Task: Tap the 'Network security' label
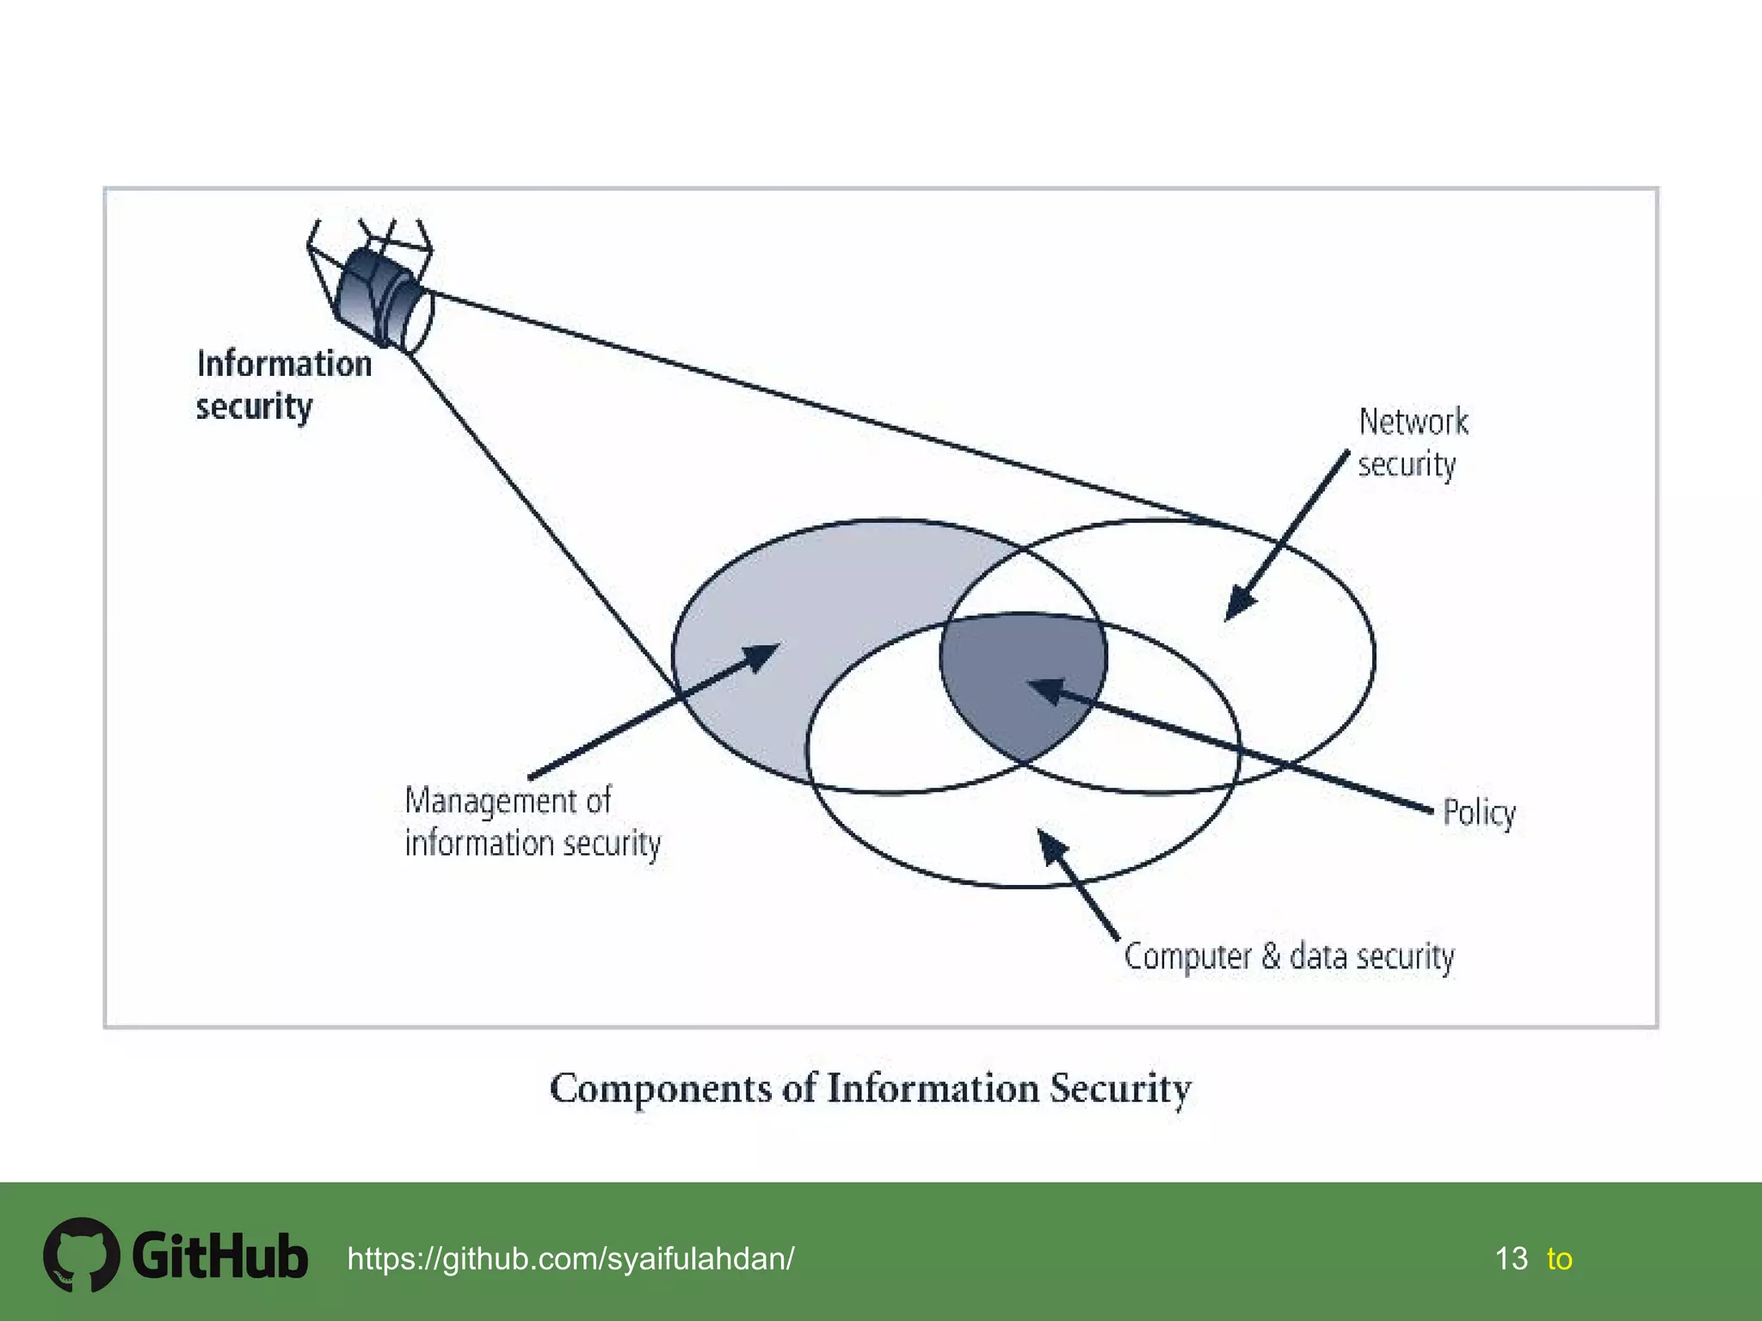pyautogui.click(x=1413, y=442)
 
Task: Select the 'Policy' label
pyautogui.click(x=1479, y=813)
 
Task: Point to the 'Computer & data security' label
pyautogui.click(x=1289, y=956)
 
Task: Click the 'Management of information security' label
pyautogui.click(x=532, y=822)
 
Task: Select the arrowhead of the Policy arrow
pyautogui.click(x=1046, y=689)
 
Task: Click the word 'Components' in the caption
pyautogui.click(x=661, y=1089)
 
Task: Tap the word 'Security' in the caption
pyautogui.click(x=1120, y=1089)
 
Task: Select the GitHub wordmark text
pyautogui.click(x=220, y=1256)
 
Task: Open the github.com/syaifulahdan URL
pyautogui.click(x=570, y=1258)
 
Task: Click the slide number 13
pyautogui.click(x=1511, y=1258)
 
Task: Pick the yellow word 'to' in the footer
pyautogui.click(x=1559, y=1259)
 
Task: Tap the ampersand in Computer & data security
pyautogui.click(x=1271, y=956)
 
